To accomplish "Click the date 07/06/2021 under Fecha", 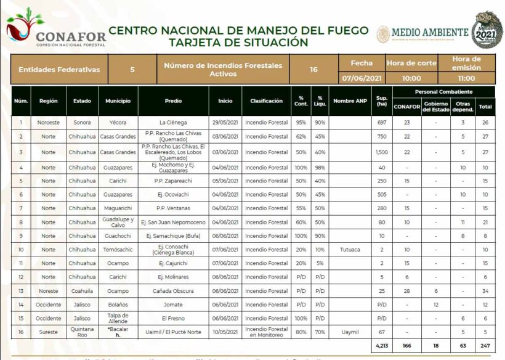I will pyautogui.click(x=362, y=78).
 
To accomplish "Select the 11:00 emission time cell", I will pyautogui.click(x=466, y=78).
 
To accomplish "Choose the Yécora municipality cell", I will pyautogui.click(x=118, y=123).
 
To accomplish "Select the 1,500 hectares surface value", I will pyautogui.click(x=382, y=152).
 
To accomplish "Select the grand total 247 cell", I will pyautogui.click(x=486, y=346).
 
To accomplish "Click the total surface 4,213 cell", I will pyautogui.click(x=382, y=346).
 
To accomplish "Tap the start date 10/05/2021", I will pyautogui.click(x=225, y=332).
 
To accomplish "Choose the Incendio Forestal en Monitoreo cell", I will pyautogui.click(x=266, y=332).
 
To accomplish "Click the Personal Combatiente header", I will pyautogui.click(x=443, y=92).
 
